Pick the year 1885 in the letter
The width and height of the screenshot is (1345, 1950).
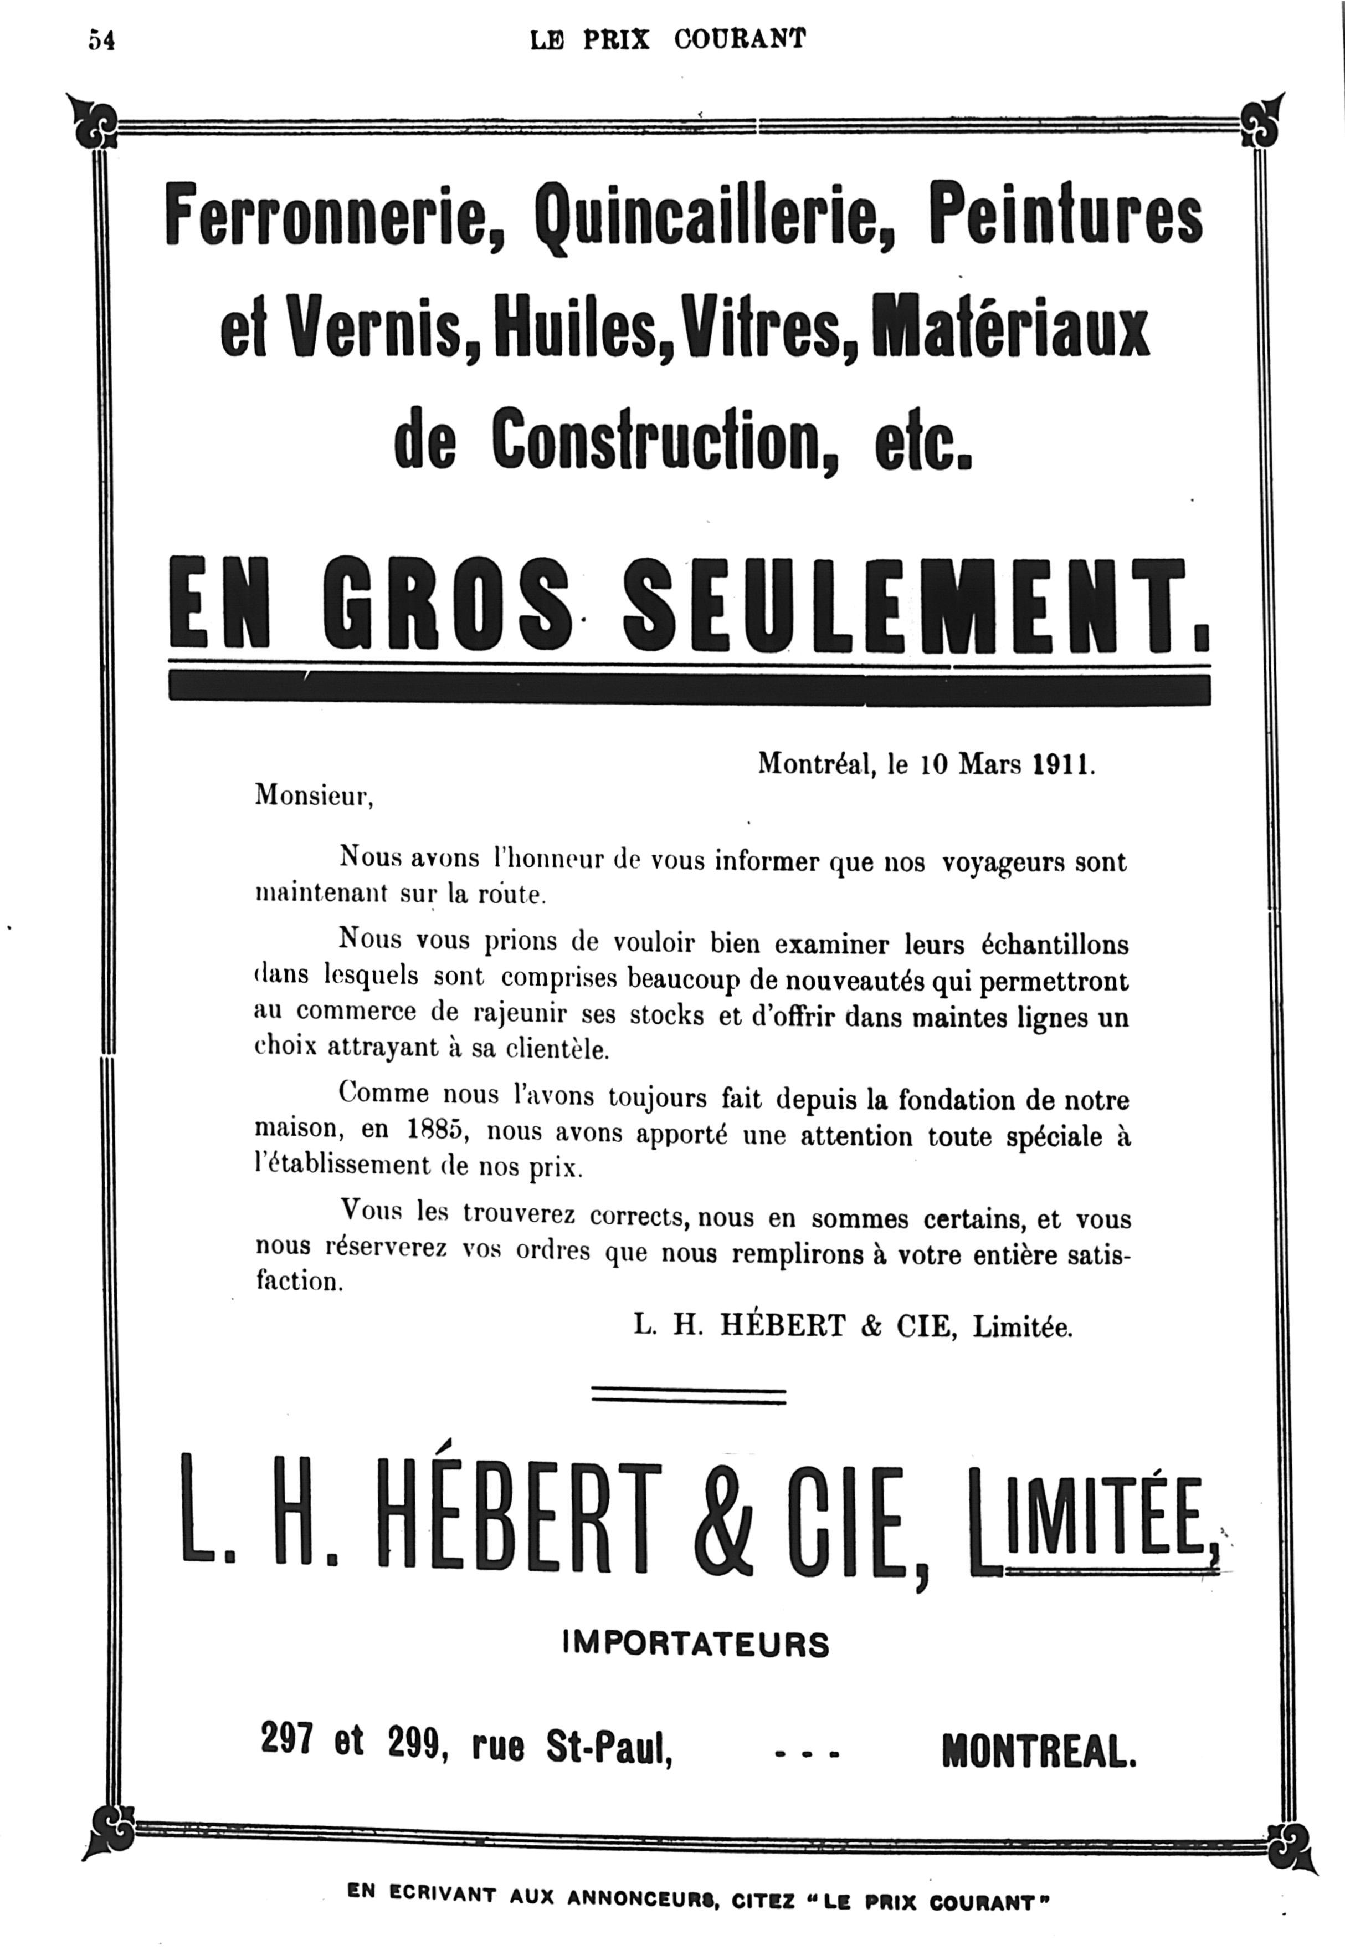click(437, 1131)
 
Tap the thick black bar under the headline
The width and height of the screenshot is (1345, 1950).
click(689, 687)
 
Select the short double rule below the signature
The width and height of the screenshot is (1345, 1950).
click(689, 1397)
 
